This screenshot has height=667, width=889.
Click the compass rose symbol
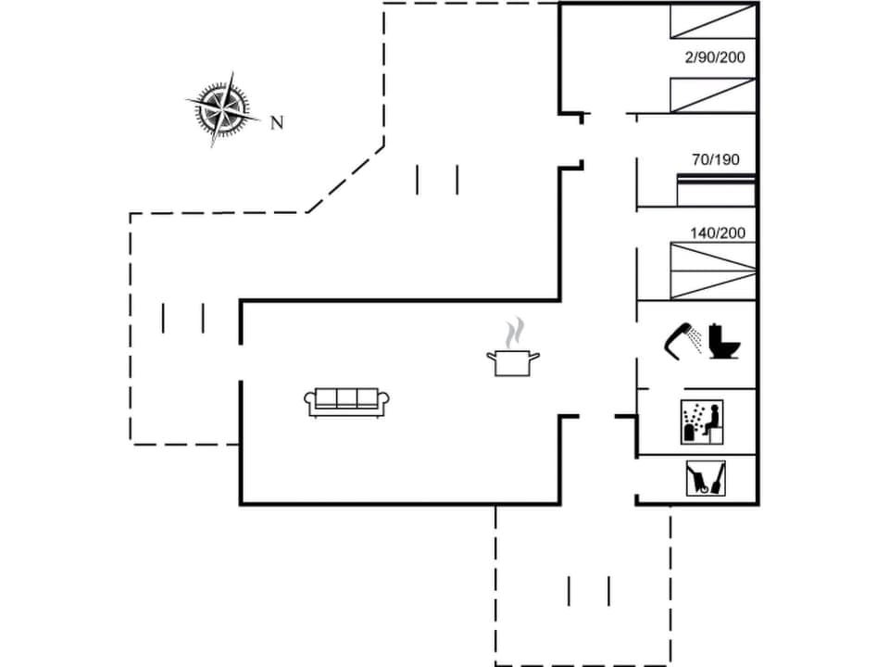tap(221, 109)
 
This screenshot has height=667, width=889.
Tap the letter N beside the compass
tap(276, 122)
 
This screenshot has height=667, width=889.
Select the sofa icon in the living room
tap(346, 401)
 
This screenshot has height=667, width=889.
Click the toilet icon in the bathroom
tap(724, 341)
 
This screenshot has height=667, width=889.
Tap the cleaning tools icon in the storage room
tap(706, 478)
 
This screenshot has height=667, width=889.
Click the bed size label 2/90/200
tap(715, 57)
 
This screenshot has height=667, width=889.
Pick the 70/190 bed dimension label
tap(716, 159)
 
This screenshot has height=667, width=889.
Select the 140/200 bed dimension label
tap(718, 233)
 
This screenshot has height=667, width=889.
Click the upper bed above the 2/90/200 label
tap(713, 20)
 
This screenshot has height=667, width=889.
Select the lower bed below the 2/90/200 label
tap(713, 94)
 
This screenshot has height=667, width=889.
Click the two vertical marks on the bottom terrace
tap(589, 590)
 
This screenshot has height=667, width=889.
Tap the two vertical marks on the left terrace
tap(182, 318)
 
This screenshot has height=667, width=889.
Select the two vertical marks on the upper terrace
tap(437, 180)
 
